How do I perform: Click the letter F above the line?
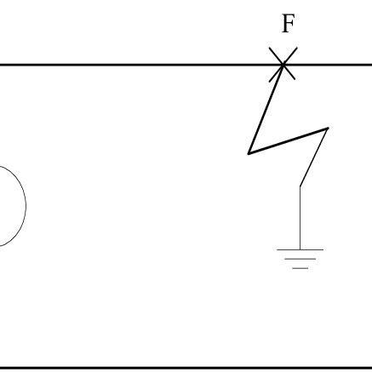tap(288, 24)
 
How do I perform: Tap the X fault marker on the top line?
tap(283, 64)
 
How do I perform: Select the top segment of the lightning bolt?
tap(266, 107)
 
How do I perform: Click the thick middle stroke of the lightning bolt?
tap(288, 141)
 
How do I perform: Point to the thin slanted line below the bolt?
tap(314, 157)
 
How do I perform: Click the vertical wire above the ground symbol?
tap(300, 217)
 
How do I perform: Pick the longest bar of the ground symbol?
tap(300, 249)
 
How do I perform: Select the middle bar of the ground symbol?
tap(300, 259)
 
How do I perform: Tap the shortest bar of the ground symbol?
tap(300, 267)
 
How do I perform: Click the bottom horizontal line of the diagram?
tap(170, 368)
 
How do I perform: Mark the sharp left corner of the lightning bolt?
tap(249, 153)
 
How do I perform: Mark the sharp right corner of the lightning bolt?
tap(328, 129)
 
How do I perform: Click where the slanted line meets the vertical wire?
tap(300, 185)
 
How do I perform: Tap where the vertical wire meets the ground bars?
tap(300, 249)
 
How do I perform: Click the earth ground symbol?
tap(300, 258)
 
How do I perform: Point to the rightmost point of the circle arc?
tap(26, 206)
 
